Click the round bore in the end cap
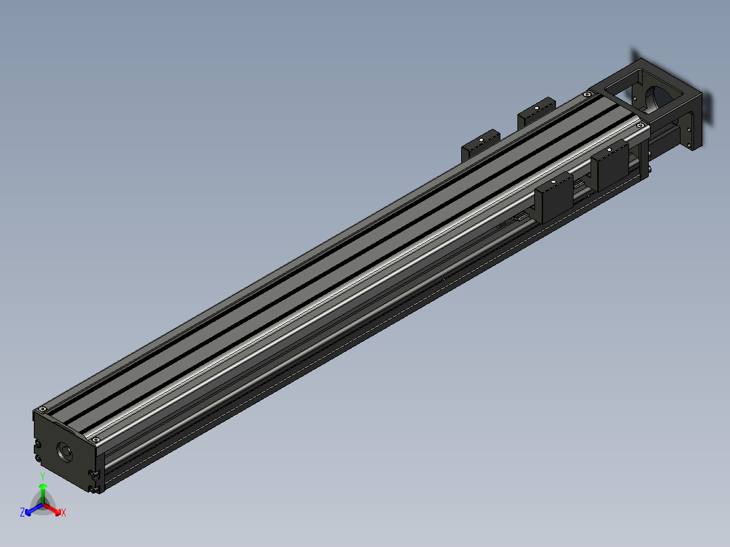(66, 452)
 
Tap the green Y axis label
(43, 477)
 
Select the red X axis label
(63, 513)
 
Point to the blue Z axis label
(22, 512)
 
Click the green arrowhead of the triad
(43, 485)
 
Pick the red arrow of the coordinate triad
(53, 508)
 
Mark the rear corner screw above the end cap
(43, 409)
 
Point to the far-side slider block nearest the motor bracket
(536, 111)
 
